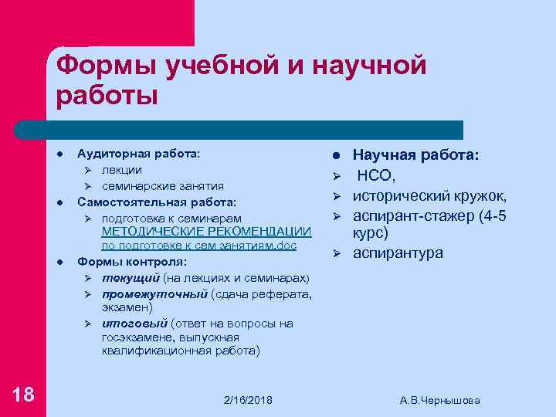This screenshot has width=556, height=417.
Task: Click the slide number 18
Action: click(x=24, y=395)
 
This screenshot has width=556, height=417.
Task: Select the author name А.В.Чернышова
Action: click(x=440, y=400)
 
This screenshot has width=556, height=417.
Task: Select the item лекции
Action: click(x=122, y=169)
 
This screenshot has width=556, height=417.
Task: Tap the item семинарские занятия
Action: click(x=163, y=185)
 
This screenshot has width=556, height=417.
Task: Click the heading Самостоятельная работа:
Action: click(x=157, y=202)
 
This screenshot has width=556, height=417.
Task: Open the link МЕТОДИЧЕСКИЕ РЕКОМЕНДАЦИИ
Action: click(x=206, y=232)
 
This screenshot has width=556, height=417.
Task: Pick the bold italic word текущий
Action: click(x=131, y=277)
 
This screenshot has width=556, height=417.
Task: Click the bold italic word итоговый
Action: click(x=134, y=324)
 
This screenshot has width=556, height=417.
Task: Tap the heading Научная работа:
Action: click(x=415, y=155)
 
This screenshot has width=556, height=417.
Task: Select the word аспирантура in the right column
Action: click(x=398, y=253)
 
